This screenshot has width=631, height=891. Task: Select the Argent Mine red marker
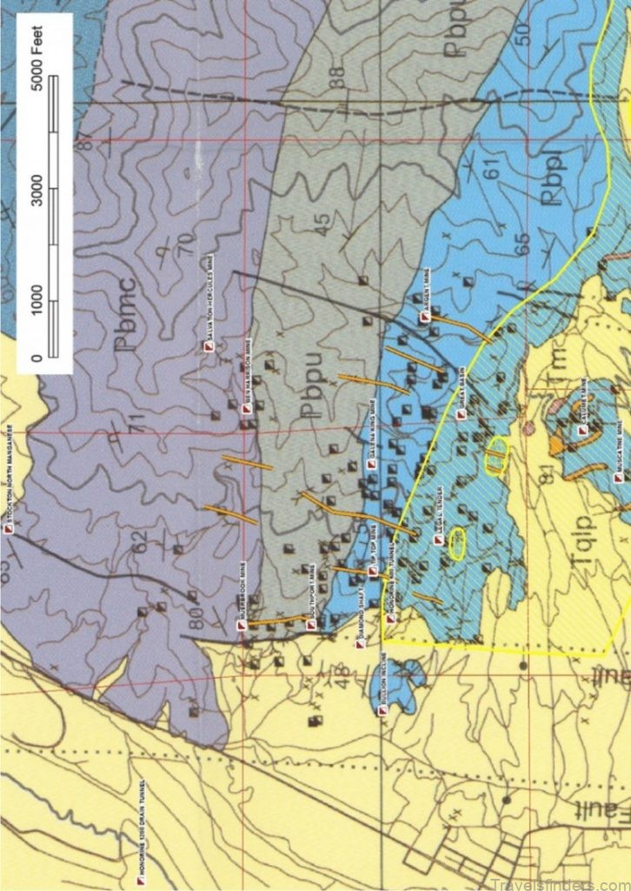pos(425,318)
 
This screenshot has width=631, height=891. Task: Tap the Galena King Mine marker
pos(371,464)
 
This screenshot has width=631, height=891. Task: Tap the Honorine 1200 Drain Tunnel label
pos(140,880)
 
